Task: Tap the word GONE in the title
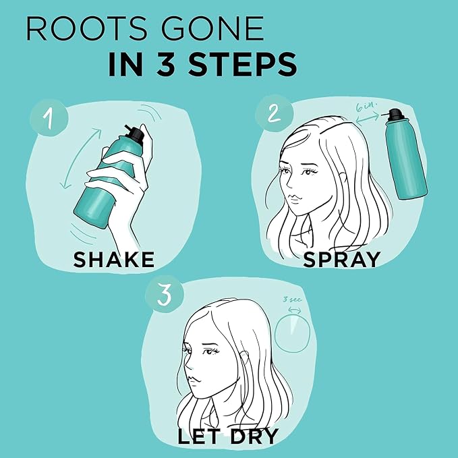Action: [212, 28]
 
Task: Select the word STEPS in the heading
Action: [242, 64]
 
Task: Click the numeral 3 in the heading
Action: [166, 64]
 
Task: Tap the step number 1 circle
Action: [49, 118]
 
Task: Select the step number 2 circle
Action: [274, 113]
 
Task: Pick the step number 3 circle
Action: [165, 294]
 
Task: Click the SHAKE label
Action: [113, 260]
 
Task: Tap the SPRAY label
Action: [342, 260]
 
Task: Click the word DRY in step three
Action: [254, 436]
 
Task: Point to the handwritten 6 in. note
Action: [366, 107]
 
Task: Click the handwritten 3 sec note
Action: [292, 299]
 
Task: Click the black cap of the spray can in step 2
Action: [395, 115]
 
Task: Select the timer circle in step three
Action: [292, 316]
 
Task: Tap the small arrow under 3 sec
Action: [294, 310]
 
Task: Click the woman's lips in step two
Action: [295, 199]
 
